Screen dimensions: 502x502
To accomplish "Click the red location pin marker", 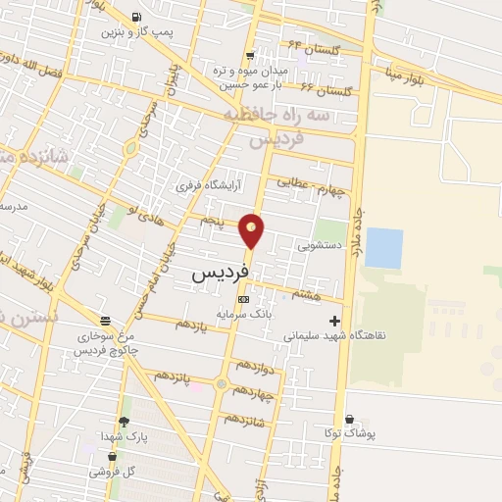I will [252, 229].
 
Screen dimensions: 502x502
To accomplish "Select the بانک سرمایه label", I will [243, 316].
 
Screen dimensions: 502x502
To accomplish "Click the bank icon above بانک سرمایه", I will [243, 299].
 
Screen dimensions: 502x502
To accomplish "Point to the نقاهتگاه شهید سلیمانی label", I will [334, 335].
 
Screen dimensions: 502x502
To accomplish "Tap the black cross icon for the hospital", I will [335, 320].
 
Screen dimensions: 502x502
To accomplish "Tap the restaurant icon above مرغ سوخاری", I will [105, 320].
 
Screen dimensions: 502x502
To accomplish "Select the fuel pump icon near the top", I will [134, 16].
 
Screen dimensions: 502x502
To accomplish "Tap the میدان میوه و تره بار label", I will [250, 76].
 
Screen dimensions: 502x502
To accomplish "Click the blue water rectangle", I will [383, 248].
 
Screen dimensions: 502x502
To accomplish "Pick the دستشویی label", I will [321, 245].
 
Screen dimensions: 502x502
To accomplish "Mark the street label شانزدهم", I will [244, 417].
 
